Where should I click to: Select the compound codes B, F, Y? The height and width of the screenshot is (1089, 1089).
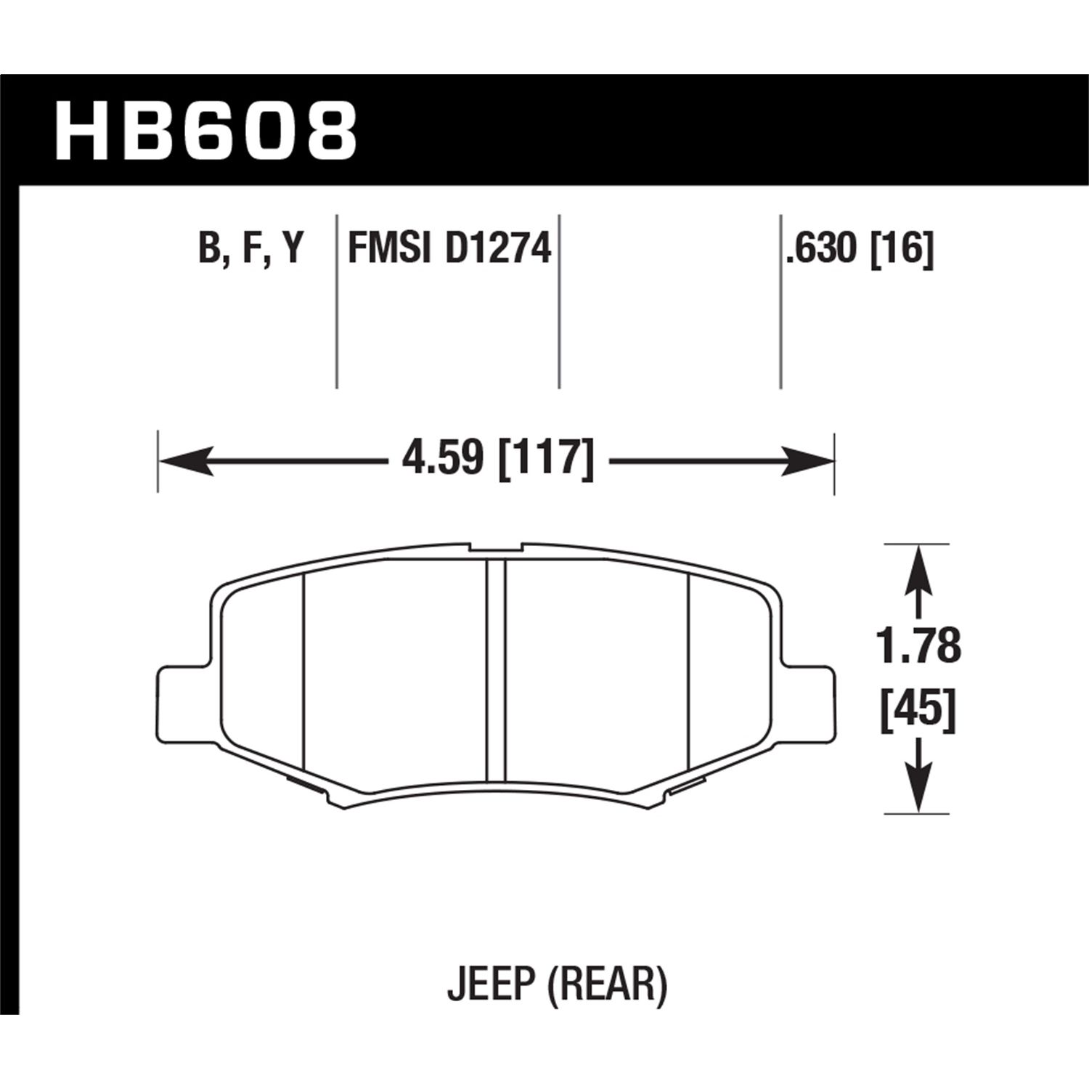250,249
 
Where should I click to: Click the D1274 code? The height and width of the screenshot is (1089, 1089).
498,249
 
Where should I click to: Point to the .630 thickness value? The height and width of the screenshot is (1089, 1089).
822,249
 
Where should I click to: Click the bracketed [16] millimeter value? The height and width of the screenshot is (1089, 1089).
902,249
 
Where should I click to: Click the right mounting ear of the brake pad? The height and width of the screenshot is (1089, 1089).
809,697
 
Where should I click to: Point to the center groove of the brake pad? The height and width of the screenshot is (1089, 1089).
496,668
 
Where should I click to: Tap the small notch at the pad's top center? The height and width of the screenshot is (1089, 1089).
495,547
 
